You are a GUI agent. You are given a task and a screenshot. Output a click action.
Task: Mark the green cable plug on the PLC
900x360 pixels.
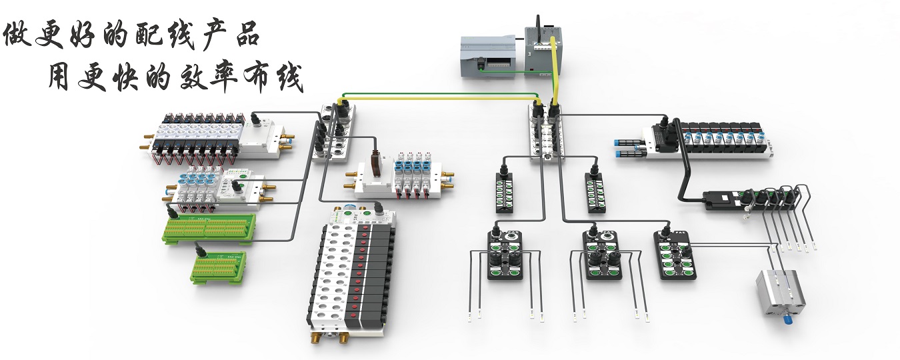(x=480, y=65)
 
